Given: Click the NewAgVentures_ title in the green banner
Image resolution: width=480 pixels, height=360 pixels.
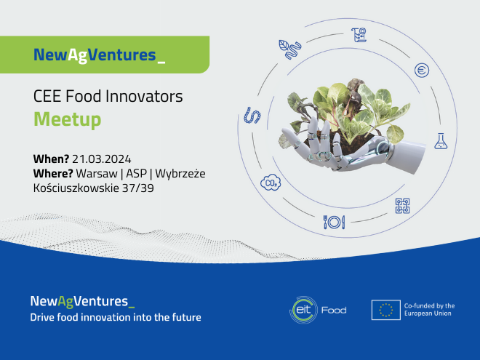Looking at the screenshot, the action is point(100,55).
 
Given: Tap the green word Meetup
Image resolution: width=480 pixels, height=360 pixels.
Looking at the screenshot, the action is point(68,119).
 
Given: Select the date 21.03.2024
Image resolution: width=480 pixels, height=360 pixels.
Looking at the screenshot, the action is point(102,159).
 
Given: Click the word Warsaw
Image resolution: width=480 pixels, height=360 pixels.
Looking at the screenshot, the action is point(97,174).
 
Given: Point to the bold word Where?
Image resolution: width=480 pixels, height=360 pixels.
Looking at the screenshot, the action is point(53,174).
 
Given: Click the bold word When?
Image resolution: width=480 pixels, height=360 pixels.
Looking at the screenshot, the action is point(51,159).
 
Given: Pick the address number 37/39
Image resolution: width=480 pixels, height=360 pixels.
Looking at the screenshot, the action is point(137,188).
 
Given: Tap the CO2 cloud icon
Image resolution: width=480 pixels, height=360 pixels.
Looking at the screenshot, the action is point(271,183).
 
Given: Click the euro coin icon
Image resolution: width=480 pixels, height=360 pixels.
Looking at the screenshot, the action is point(422,71).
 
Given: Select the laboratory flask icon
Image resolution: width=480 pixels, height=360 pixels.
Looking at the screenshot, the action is point(441,141).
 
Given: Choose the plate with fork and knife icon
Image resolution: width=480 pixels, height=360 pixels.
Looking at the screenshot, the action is point(335,222).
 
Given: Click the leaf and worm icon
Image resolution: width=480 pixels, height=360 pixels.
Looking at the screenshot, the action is point(290,49).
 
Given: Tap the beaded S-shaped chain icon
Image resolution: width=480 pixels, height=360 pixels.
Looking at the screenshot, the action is point(252,116).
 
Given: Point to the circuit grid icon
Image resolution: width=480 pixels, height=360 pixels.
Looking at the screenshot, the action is point(403,206).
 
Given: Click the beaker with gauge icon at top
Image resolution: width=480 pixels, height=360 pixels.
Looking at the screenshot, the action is point(359,35).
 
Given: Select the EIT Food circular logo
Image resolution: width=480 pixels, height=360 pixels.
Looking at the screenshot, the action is point(304,310).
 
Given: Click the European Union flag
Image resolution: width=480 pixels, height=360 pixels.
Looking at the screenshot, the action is point(386,310).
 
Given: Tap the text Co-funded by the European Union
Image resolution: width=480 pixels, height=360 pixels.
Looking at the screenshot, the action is point(429,310).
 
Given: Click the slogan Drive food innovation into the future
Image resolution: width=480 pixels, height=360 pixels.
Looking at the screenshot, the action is point(116,317).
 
